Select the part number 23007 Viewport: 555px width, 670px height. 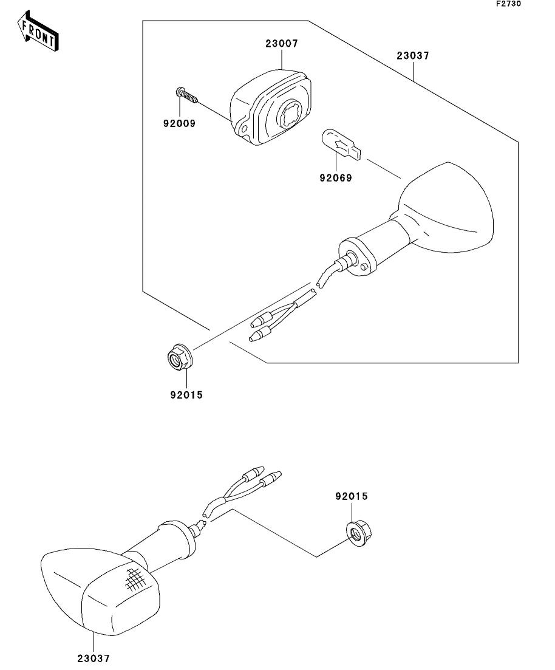[281, 44]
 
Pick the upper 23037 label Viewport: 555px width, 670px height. [413, 55]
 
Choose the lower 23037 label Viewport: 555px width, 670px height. [94, 657]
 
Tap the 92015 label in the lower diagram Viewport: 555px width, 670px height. [352, 496]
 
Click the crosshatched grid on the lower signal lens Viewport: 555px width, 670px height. [135, 578]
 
